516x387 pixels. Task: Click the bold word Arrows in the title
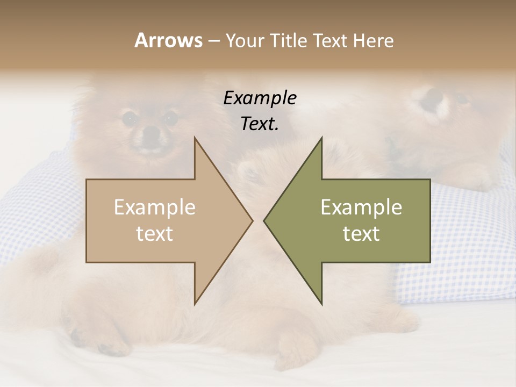coord(168,40)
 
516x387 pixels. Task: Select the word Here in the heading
coord(372,40)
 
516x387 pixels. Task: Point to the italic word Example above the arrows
coord(260,98)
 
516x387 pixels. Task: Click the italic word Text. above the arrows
coord(260,124)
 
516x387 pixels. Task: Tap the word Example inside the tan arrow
coord(155,207)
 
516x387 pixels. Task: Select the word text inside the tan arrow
coord(155,234)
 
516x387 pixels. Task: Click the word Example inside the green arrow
coord(361,207)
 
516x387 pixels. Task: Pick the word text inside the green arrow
coord(361,234)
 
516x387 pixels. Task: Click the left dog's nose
coord(150,132)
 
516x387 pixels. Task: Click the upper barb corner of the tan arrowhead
coord(195,138)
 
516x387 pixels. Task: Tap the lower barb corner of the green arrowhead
coord(321,304)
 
